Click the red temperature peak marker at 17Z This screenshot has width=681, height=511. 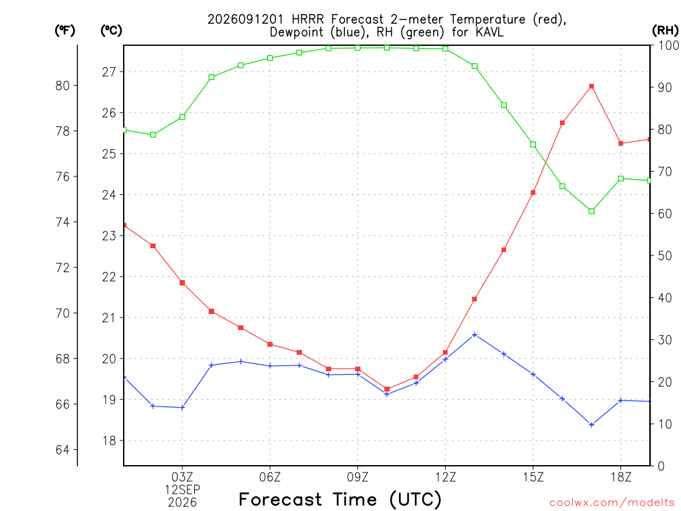591,86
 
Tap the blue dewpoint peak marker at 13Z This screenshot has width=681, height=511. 475,335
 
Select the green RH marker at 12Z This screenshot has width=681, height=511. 445,49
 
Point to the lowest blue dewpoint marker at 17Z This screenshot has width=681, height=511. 591,425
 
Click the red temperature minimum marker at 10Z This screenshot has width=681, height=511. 387,389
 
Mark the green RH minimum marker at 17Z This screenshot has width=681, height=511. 591,211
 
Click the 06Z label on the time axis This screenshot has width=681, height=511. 270,477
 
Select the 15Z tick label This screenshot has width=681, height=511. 533,477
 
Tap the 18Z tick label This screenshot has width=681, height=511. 620,477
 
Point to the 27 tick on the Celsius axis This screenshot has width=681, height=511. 110,72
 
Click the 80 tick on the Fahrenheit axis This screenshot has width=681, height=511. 63,86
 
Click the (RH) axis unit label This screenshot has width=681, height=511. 665,30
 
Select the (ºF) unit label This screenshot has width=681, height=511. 65,31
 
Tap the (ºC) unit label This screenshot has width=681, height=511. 111,31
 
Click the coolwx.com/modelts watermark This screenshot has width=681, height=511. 612,502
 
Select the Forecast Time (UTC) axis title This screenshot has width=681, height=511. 340,499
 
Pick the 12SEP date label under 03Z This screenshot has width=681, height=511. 182,490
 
